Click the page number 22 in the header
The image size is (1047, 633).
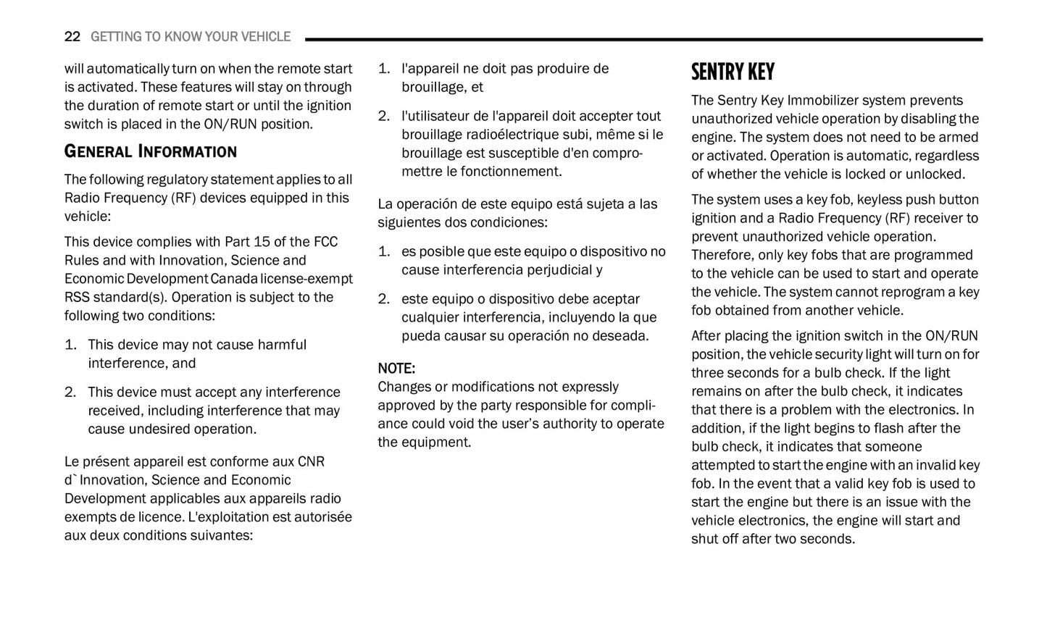coord(72,37)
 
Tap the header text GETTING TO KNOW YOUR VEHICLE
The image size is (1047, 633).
coord(191,37)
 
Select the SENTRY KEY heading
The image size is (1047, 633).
coord(733,72)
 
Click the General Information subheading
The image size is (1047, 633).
coord(151,151)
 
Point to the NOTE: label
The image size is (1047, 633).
coord(396,369)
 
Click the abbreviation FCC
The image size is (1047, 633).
coord(325,242)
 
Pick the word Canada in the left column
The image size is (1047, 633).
coord(234,279)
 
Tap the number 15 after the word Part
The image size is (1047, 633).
coord(262,242)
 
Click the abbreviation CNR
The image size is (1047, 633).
coord(311,462)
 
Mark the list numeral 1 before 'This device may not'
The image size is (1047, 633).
coord(70,345)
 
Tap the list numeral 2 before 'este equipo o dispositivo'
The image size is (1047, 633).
coord(384,299)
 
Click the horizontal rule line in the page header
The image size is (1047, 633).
coord(643,39)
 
